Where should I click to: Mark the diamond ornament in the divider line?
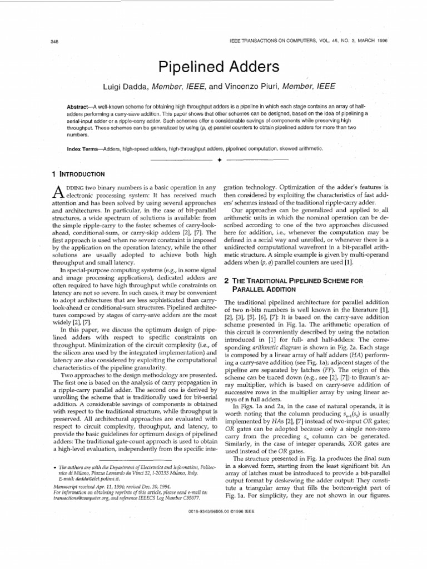(220, 160)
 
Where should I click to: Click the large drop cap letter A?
(49, 193)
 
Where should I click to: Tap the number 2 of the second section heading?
(226, 281)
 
